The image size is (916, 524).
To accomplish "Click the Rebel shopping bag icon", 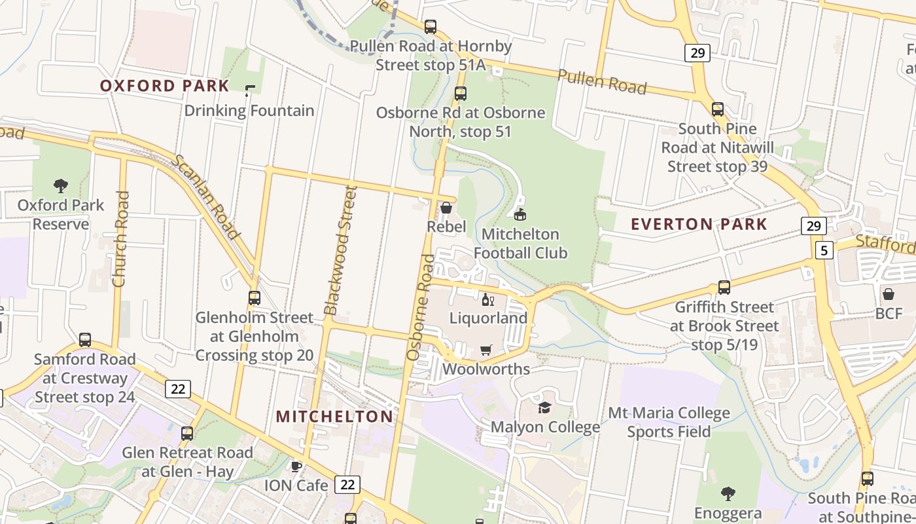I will point(446,208).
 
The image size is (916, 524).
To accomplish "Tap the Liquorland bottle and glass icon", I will point(487,300).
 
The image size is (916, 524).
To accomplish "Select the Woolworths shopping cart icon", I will point(485,350).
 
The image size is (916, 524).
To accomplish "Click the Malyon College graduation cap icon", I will point(544,408).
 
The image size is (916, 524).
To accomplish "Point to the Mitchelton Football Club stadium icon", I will point(520,214).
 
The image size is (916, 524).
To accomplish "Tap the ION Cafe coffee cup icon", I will point(296,466).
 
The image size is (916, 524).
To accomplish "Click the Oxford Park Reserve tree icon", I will point(61,186).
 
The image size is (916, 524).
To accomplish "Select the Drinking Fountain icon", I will point(249,91).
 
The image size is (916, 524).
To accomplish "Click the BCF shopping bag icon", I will point(889,294).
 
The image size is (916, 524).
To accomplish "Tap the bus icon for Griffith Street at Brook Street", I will point(724,288).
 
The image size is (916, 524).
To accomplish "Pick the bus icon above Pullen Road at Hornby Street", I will point(430,27).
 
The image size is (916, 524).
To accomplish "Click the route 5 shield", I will point(824,250).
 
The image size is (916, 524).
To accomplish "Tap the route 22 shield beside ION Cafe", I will point(347,485).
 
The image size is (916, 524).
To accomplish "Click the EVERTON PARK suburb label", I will point(699,224).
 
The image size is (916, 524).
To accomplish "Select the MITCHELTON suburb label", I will point(334,417).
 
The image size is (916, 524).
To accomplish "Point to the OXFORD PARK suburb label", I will point(165,86).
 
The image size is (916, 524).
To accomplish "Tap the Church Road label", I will point(120,239).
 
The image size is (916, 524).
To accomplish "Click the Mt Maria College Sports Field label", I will point(669,422).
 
